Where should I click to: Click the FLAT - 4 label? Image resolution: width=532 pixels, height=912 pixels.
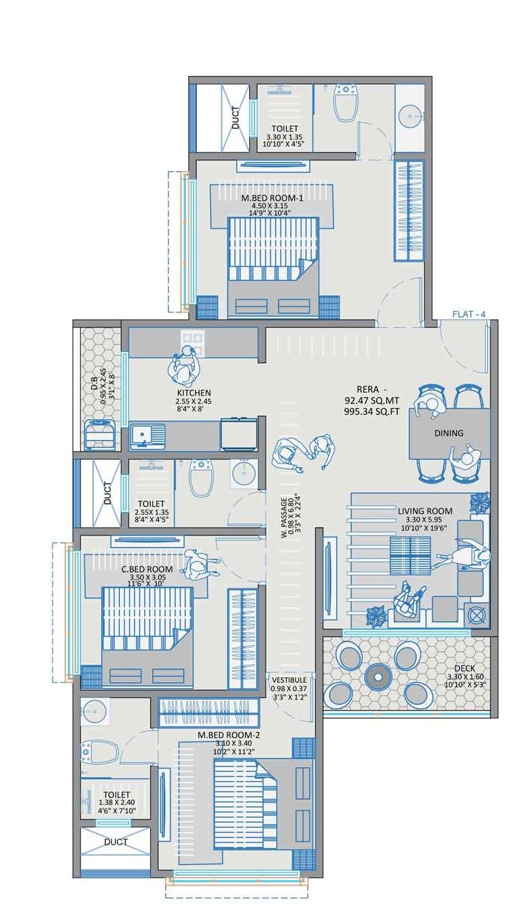(x=469, y=314)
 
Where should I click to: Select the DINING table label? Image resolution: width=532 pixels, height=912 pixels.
(x=449, y=433)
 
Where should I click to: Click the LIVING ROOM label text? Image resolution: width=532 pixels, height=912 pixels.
(x=425, y=510)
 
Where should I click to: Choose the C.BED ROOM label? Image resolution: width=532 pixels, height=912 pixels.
(x=146, y=569)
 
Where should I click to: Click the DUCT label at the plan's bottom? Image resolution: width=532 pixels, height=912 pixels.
(x=116, y=842)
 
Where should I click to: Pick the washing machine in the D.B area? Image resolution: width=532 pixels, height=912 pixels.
(x=100, y=435)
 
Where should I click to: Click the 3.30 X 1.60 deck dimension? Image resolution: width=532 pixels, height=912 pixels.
(x=470, y=677)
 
